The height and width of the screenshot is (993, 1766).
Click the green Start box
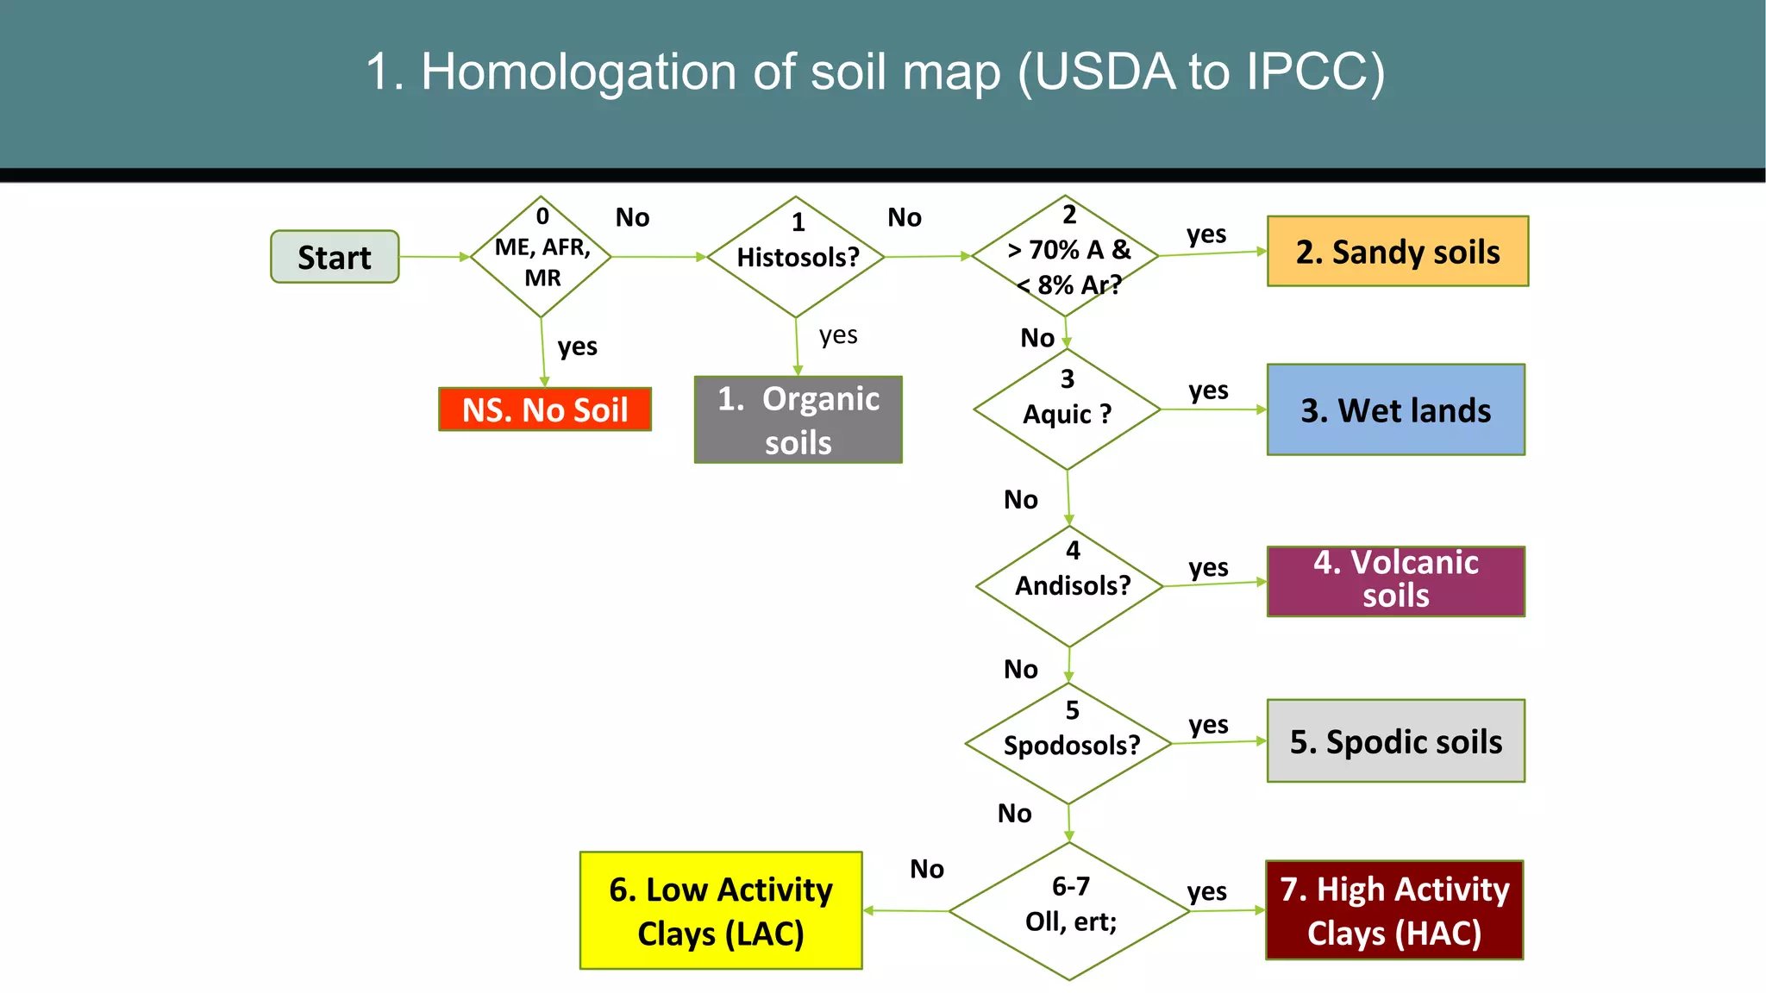click(x=335, y=257)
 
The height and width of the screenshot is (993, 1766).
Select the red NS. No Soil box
click(x=545, y=409)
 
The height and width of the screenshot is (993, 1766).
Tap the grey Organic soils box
click(x=798, y=420)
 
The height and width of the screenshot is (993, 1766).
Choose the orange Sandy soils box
click(x=1397, y=252)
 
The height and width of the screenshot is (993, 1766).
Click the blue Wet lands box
click(x=1395, y=410)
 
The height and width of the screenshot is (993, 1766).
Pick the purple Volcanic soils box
click(x=1395, y=580)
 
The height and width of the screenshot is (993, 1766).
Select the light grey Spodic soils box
click(x=1395, y=741)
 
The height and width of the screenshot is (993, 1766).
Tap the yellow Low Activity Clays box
click(x=721, y=910)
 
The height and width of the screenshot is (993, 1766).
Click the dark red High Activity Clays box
click(x=1394, y=910)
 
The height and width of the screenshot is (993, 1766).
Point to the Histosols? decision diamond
click(x=797, y=257)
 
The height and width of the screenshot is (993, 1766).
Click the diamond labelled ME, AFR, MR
click(x=542, y=257)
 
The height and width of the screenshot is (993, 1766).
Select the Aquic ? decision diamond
click(x=1068, y=409)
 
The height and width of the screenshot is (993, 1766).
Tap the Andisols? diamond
click(x=1071, y=586)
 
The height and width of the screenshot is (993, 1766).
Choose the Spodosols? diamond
click(x=1069, y=743)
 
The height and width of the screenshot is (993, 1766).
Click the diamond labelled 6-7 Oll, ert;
click(x=1070, y=910)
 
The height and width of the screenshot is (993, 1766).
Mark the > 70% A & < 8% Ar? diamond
click(x=1066, y=256)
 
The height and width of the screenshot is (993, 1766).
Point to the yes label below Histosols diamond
click(x=838, y=334)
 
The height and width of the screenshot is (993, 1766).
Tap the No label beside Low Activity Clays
click(x=927, y=869)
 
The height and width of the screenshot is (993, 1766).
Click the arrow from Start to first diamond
click(x=435, y=257)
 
